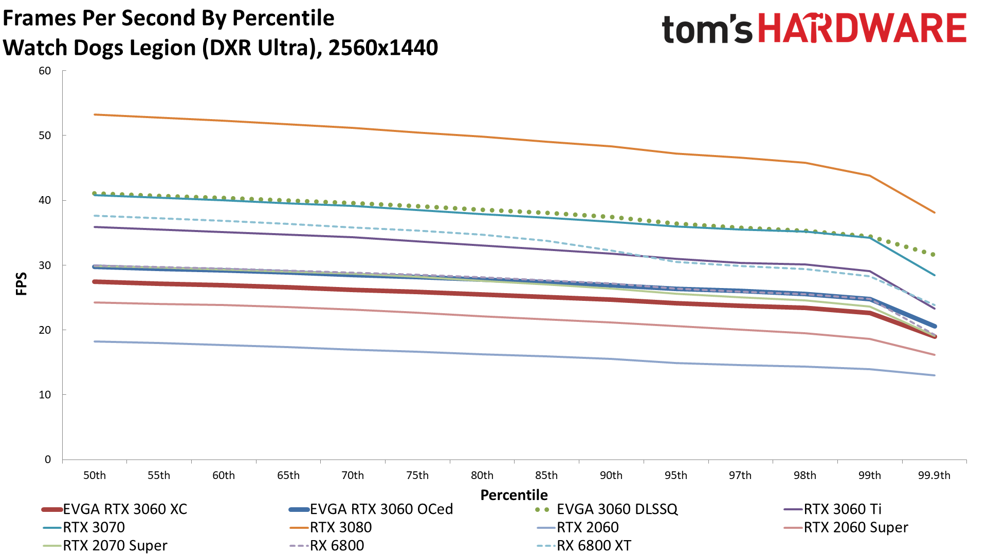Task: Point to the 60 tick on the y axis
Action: [x=45, y=71]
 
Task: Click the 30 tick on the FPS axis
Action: [x=45, y=265]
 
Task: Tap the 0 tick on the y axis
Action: [x=48, y=460]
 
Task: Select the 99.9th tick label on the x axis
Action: [x=934, y=475]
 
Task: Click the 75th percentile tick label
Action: [x=417, y=475]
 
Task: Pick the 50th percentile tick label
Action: [x=95, y=475]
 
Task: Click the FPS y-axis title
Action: [x=21, y=284]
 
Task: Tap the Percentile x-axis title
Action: [x=514, y=495]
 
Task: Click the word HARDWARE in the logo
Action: [x=862, y=28]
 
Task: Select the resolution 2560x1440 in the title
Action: [x=383, y=48]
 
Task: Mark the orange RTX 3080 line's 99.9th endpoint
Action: [x=934, y=212]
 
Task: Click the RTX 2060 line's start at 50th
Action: [x=95, y=341]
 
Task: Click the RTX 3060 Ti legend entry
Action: [x=843, y=509]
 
